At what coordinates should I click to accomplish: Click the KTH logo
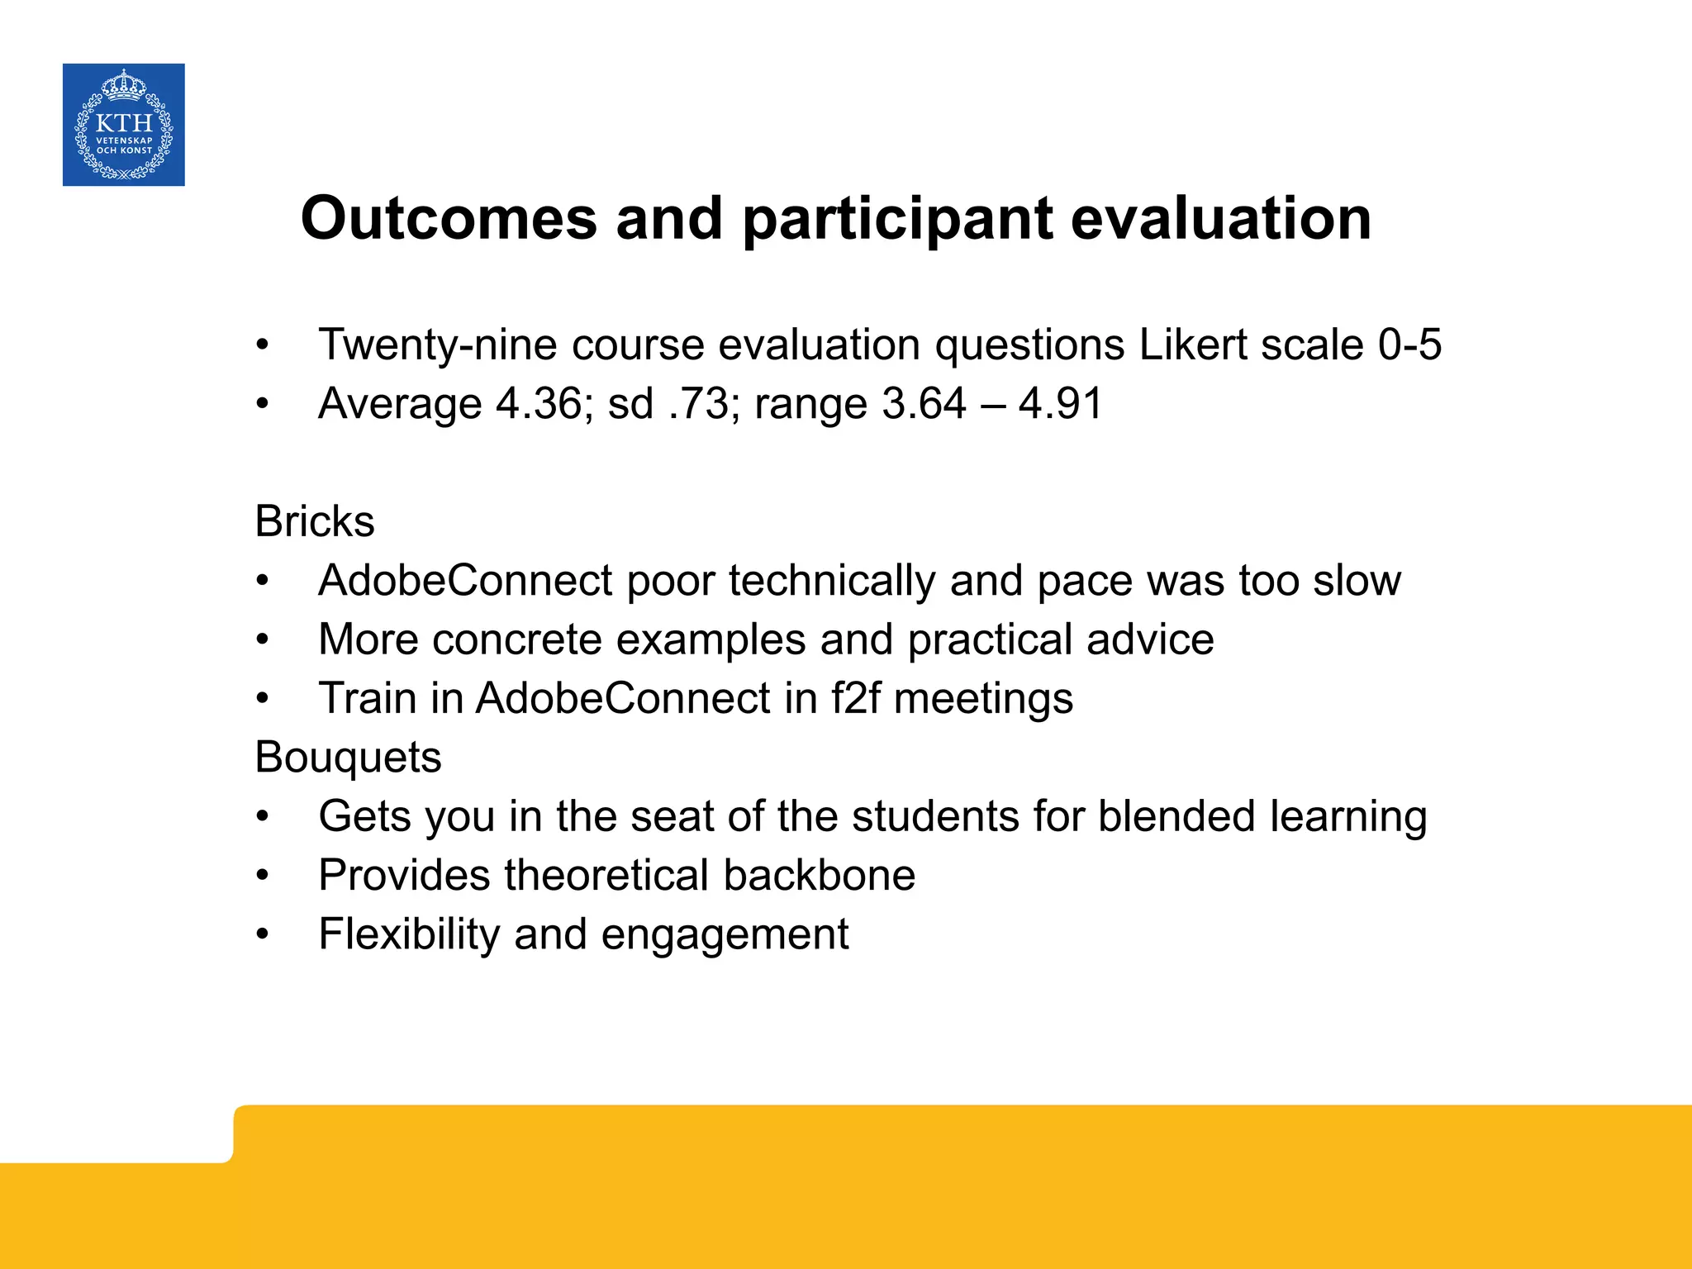[124, 125]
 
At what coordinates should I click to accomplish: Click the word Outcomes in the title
[449, 219]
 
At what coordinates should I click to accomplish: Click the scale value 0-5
[1409, 345]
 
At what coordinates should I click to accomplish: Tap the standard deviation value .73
[702, 404]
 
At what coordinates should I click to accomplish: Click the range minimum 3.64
[924, 404]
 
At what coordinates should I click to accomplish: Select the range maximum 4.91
[1060, 404]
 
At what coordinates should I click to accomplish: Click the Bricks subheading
[315, 521]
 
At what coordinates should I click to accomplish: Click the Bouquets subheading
[348, 758]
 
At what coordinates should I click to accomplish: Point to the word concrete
[516, 639]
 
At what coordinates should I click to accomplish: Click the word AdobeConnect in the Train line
[623, 698]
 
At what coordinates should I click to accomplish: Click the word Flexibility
[409, 934]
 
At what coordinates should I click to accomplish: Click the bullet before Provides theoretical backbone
[263, 876]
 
